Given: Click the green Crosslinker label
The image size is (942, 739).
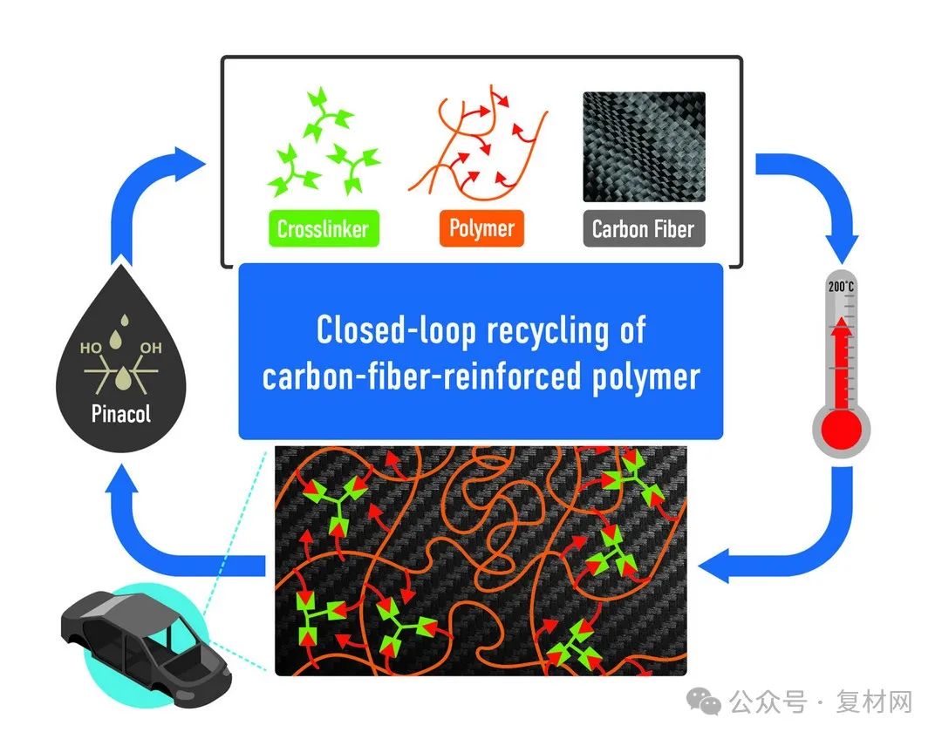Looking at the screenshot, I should point(323,229).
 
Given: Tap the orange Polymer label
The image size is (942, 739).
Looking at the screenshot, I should point(481,229).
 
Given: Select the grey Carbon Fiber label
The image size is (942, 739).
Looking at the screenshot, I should point(643,229).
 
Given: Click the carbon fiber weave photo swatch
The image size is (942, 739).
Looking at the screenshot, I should point(644,147).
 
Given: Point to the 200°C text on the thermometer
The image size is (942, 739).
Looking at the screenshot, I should point(841,286).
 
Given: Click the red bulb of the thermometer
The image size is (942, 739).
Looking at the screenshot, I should point(841,428).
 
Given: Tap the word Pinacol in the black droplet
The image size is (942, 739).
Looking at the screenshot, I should point(121,412).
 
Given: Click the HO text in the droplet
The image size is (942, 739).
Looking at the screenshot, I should point(91,348).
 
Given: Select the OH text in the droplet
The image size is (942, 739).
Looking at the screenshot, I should point(151,348).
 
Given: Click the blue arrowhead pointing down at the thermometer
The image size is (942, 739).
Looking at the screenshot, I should point(840,247).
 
